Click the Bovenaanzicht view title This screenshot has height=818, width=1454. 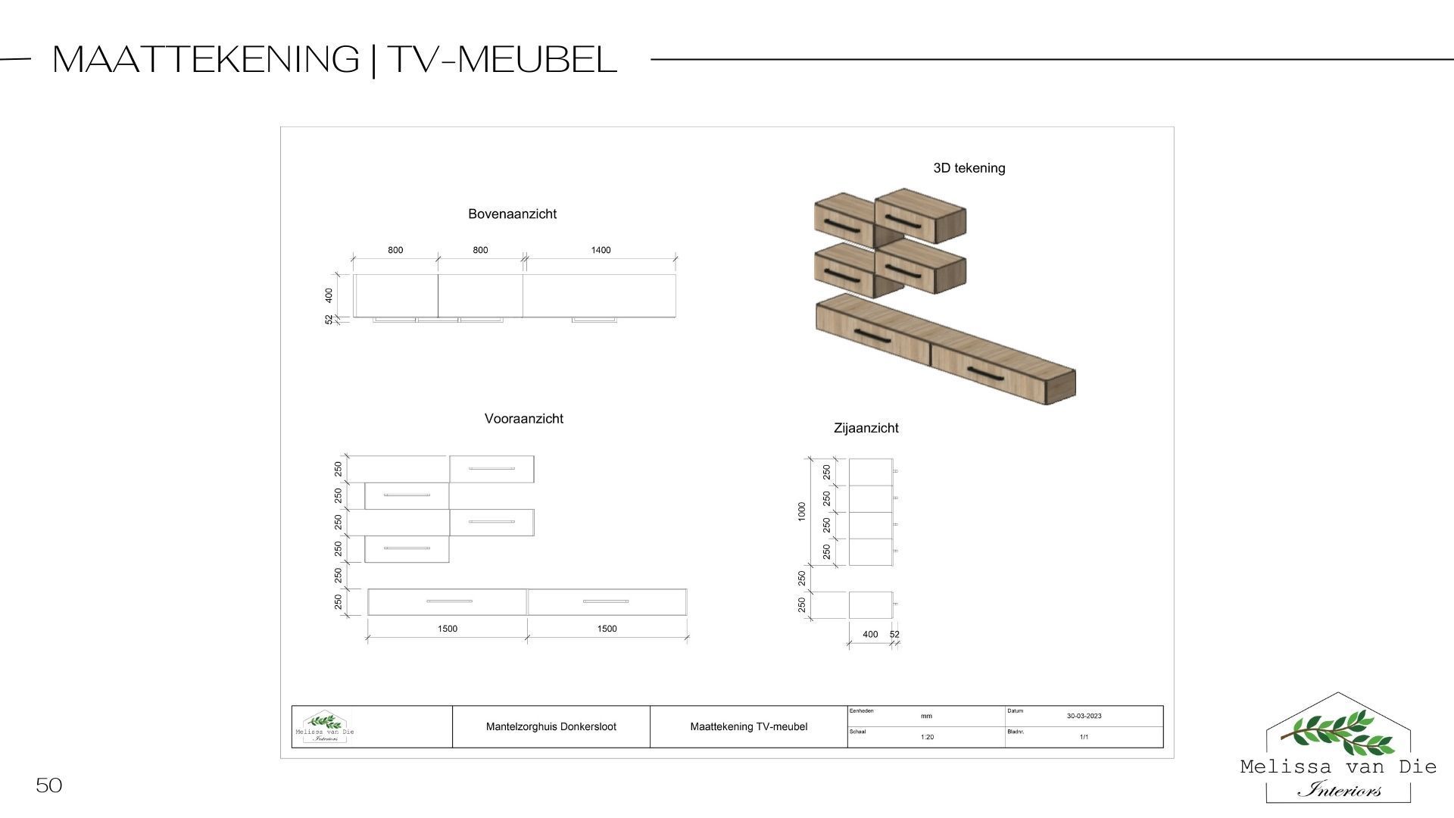coord(512,214)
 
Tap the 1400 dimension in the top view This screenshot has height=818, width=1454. coord(601,250)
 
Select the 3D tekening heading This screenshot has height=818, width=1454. coord(969,168)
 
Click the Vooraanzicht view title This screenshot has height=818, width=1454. coord(523,419)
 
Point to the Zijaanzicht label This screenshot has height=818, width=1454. coord(866,428)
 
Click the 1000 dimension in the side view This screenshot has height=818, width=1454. coord(802,511)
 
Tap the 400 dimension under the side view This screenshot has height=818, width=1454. coord(870,635)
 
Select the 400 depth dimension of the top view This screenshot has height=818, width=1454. coord(329,295)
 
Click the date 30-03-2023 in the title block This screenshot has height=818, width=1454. coord(1084,716)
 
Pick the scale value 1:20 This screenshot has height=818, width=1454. coord(927,737)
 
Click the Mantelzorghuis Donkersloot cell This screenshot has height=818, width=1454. coord(551,727)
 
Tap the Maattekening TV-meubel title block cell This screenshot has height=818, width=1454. coord(748,727)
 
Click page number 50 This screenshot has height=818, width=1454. coord(48,785)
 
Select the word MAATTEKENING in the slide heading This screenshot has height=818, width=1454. coord(206,59)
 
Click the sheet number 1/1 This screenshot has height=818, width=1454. coord(1084,737)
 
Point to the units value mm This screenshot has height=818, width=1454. coord(926,716)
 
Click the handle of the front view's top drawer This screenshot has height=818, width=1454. coord(491,469)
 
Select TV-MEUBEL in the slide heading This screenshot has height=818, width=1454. coord(502,59)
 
